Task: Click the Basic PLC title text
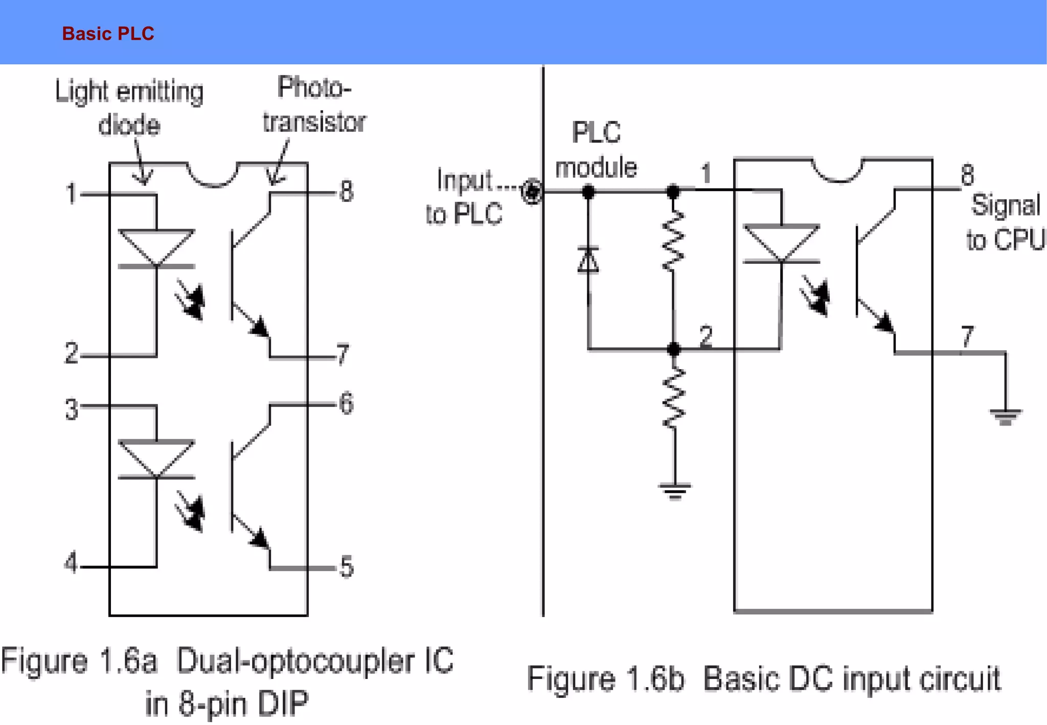coord(108,34)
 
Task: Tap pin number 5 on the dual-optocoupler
coord(347,567)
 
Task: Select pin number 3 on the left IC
coord(72,410)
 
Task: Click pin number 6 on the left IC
coord(346,403)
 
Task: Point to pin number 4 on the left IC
coord(71,562)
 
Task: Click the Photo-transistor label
coord(314,105)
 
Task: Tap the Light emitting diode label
coord(129,108)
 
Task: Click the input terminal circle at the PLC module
coord(532,192)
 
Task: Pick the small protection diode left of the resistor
coord(588,260)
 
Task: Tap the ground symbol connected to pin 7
coord(1005,416)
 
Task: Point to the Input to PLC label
coord(464,197)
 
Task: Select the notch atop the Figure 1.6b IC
coord(837,171)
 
